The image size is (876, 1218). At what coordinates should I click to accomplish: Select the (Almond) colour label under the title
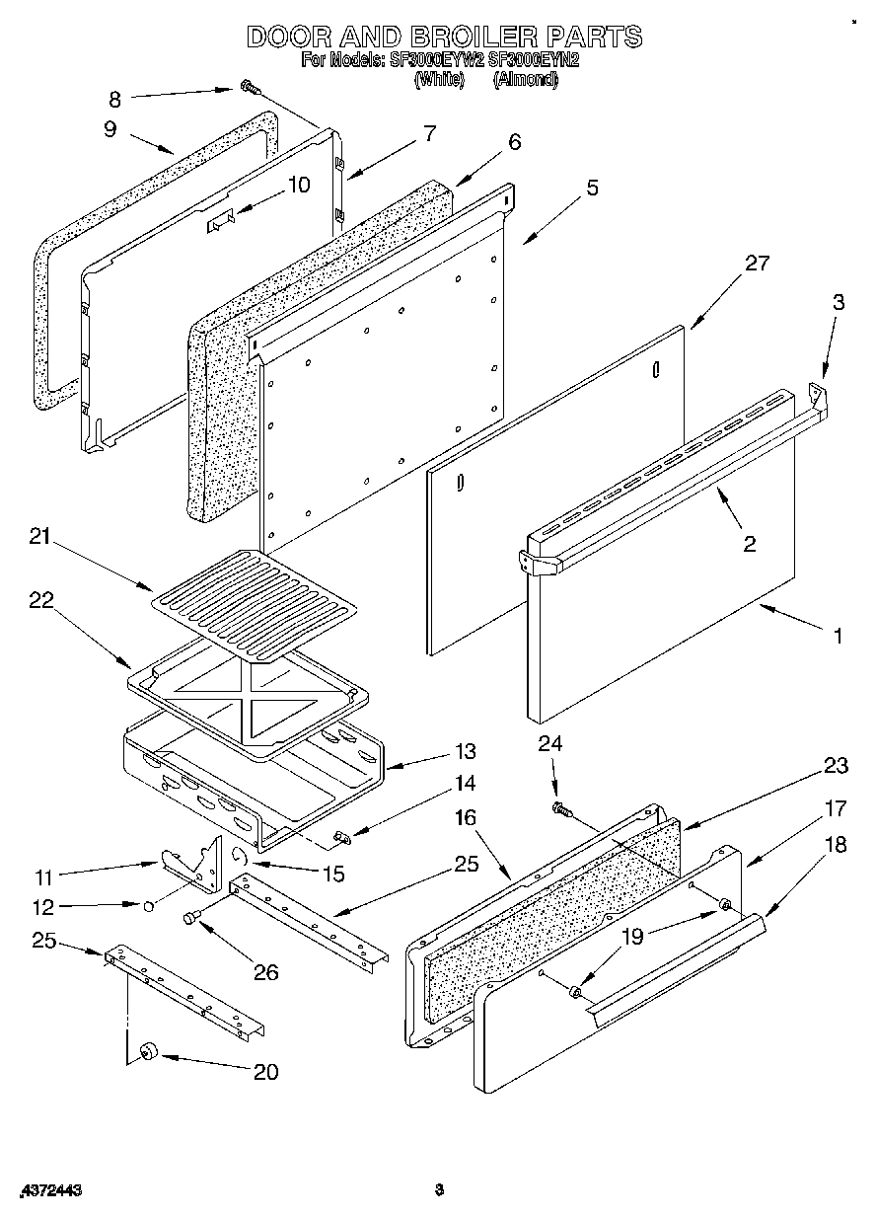coord(525,80)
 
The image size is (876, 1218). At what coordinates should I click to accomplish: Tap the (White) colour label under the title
coord(439,80)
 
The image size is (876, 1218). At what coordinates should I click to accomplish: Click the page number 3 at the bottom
coord(440,1191)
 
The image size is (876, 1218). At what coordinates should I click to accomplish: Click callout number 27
coord(758,264)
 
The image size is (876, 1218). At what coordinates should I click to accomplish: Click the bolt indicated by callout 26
coord(191,918)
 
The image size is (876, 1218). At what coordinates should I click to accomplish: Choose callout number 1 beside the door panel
coord(837,637)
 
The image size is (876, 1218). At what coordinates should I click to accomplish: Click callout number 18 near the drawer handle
coord(836,847)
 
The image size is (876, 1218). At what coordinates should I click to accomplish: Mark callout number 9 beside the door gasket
coord(109,128)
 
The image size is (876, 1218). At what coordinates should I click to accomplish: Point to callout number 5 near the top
coord(591,188)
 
